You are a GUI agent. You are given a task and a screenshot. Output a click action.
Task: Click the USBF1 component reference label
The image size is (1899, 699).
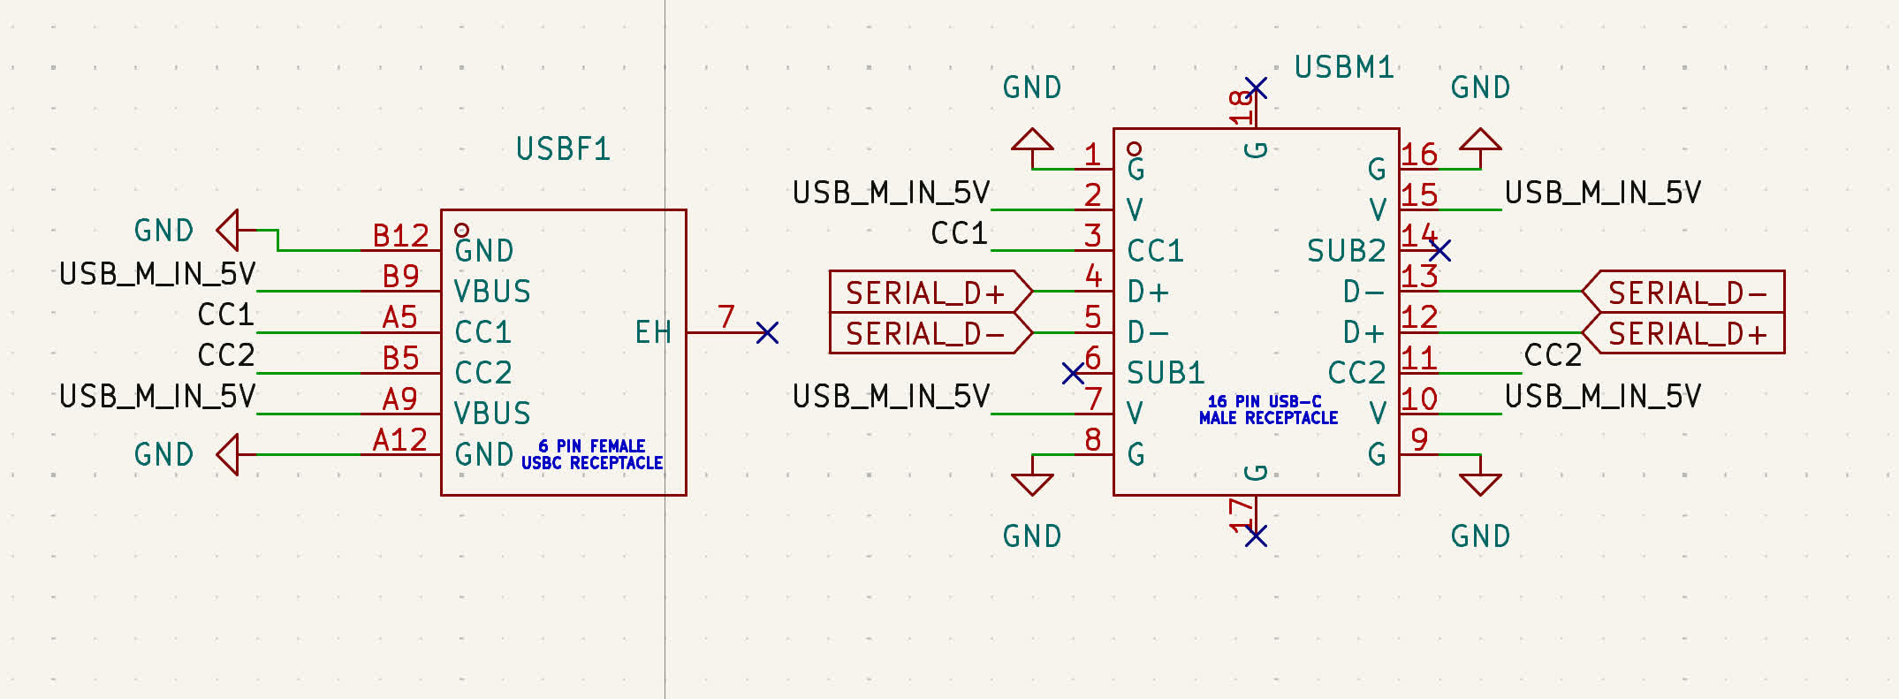tap(563, 148)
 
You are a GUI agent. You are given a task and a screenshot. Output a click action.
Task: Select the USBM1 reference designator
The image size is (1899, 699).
tap(1343, 67)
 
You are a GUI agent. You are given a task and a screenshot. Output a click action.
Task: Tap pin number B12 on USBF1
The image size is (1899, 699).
tap(400, 236)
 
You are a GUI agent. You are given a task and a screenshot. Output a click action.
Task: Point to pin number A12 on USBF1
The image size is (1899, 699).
tap(400, 440)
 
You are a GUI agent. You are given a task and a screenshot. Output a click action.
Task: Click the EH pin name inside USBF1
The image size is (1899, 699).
tap(653, 332)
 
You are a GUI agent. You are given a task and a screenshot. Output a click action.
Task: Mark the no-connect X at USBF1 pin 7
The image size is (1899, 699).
tap(768, 332)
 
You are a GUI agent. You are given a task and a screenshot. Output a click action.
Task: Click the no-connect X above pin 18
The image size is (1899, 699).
tap(1256, 87)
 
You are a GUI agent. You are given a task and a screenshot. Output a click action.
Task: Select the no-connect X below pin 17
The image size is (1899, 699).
tap(1256, 536)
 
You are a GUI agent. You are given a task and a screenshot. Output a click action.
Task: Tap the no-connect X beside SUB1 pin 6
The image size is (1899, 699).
tap(1073, 373)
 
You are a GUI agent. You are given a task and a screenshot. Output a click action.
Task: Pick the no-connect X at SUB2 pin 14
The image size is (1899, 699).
tap(1439, 251)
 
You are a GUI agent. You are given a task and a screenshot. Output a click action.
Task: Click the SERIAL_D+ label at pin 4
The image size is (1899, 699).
tap(925, 292)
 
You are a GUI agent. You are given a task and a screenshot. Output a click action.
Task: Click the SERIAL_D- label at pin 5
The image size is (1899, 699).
tap(925, 333)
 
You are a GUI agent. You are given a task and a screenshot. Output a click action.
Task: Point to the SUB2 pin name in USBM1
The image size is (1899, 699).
tap(1346, 251)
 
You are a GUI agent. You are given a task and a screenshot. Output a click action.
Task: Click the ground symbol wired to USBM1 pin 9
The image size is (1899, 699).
tap(1480, 482)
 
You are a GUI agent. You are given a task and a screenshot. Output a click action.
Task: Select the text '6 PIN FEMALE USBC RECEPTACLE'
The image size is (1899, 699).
tap(592, 454)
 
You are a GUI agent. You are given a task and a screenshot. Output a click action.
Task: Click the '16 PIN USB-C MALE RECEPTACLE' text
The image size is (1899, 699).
tap(1268, 409)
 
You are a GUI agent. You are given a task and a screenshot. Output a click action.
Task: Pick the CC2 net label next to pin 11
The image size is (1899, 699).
tap(1553, 355)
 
